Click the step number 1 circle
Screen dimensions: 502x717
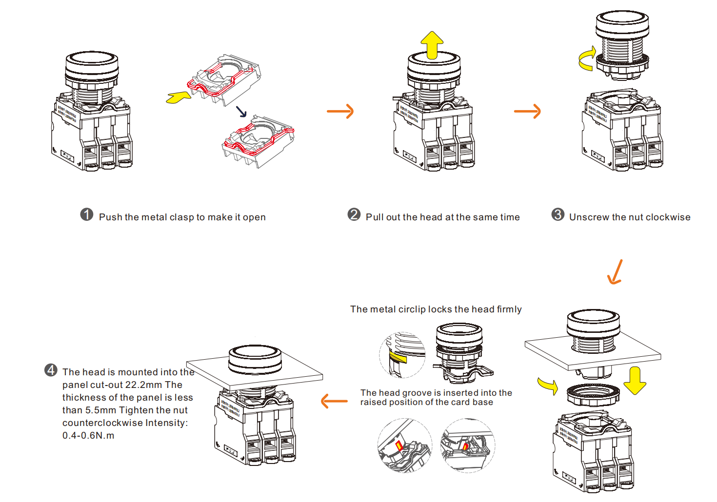coord(87,214)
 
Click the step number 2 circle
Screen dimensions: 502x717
coord(354,214)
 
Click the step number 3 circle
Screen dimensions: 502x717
coord(558,214)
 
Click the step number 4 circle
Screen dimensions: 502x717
coord(51,370)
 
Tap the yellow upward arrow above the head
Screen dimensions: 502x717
coord(432,45)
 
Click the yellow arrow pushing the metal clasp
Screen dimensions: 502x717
coord(178,97)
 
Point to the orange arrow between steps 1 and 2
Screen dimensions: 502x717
coord(340,111)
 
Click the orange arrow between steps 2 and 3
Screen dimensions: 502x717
coord(528,111)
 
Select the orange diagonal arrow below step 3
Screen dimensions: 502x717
coord(615,272)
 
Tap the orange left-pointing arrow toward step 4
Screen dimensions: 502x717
coord(335,402)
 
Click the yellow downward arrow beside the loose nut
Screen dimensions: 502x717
coord(635,381)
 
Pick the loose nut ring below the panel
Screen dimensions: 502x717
coord(593,394)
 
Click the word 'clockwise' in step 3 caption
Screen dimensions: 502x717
coord(667,217)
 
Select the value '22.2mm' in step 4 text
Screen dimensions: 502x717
coord(143,385)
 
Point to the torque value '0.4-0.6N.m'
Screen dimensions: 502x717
coord(88,436)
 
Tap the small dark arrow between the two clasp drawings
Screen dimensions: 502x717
coord(241,112)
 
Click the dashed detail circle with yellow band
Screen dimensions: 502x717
coord(402,355)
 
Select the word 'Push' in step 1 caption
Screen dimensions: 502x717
coord(110,217)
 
